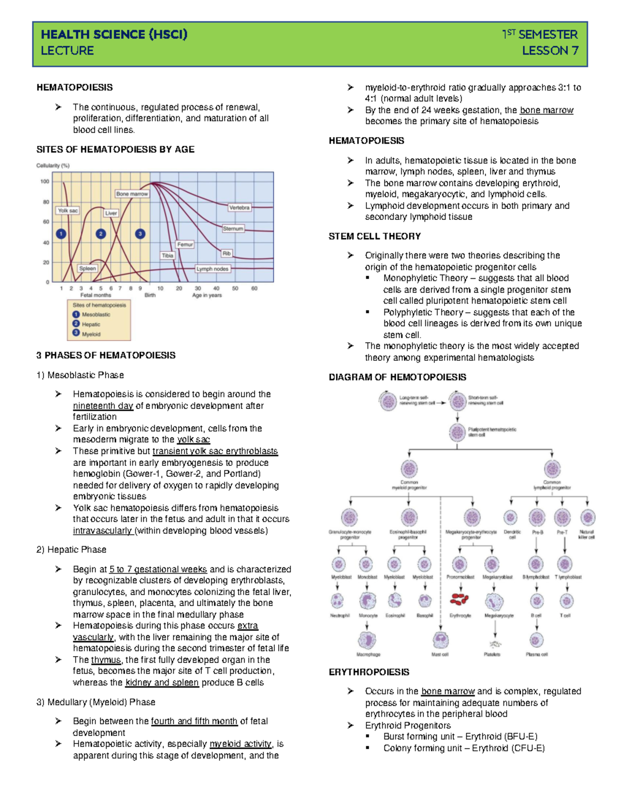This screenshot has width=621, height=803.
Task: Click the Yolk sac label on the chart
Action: (68, 210)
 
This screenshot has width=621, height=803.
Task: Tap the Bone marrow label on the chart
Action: (132, 194)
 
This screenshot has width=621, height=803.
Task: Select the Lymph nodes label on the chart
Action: (212, 269)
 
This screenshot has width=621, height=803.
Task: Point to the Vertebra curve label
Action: (239, 207)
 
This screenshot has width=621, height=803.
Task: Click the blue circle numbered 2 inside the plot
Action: (101, 234)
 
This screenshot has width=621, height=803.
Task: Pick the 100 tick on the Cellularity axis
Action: (45, 181)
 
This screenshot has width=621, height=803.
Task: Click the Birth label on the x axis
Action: (150, 295)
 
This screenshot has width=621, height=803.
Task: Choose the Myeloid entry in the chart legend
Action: (91, 334)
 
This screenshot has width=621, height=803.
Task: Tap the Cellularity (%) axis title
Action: (53, 165)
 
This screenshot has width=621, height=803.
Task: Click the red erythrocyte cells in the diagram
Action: (459, 600)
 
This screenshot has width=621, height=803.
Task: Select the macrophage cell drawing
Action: (367, 641)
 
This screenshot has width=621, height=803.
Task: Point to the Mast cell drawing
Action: (440, 640)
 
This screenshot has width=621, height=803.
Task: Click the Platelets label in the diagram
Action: (492, 655)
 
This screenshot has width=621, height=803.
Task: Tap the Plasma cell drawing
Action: (537, 640)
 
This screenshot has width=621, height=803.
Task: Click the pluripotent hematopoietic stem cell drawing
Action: (457, 432)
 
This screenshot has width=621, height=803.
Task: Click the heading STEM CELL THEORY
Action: (375, 236)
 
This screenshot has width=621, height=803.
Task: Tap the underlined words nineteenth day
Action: (103, 406)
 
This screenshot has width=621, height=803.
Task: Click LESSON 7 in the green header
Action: (550, 51)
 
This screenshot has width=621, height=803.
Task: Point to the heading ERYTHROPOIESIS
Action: (369, 672)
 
